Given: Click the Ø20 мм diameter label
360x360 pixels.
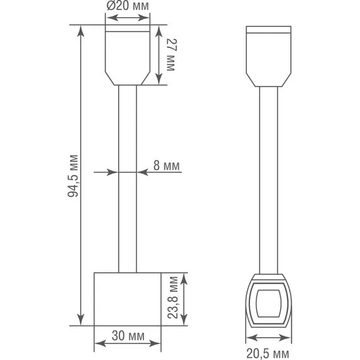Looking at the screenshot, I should (x=128, y=6).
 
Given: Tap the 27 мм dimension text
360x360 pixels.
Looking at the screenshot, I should (x=171, y=54).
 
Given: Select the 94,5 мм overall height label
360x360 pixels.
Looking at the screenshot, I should (x=73, y=176).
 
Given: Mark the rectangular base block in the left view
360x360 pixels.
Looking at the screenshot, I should (x=128, y=299).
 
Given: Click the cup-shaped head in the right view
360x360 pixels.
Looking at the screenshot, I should (x=268, y=57).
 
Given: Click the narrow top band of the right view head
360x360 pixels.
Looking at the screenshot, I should (x=268, y=29).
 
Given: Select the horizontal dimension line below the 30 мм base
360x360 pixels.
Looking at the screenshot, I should (x=128, y=344).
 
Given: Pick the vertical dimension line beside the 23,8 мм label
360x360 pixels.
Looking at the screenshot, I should (x=184, y=299).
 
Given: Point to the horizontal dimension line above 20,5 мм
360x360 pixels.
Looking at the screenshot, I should (x=268, y=338).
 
